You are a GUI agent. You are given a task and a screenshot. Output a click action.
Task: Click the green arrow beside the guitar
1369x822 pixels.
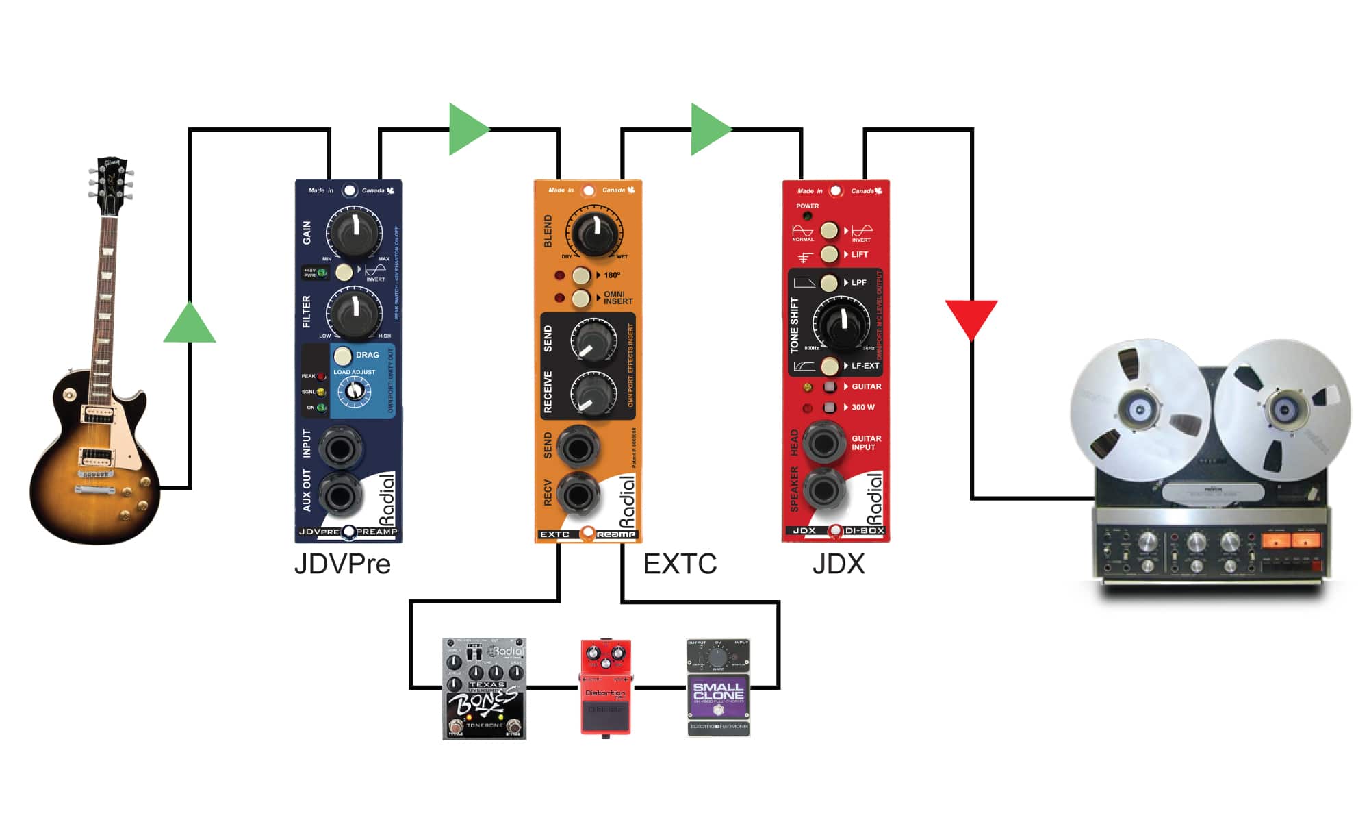pos(190,323)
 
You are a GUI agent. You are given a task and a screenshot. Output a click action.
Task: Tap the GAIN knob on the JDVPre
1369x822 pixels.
pos(355,232)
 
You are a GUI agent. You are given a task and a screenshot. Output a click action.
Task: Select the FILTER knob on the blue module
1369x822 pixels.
pos(354,311)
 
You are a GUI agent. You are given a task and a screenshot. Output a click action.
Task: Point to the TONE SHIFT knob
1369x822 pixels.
pos(841,323)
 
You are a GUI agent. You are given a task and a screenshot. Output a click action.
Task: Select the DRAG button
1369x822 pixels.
pos(343,356)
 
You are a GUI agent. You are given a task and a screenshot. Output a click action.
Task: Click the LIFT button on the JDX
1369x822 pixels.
pos(829,254)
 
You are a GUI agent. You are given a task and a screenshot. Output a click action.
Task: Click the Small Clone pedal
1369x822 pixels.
pos(718,688)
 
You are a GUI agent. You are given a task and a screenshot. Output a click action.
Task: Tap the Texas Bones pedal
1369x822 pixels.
pos(485,689)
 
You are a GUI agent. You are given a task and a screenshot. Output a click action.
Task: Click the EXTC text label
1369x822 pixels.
pos(680,564)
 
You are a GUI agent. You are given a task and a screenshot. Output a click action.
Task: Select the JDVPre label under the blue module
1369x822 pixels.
pos(342,564)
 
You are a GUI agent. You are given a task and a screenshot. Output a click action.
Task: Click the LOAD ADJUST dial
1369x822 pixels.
pos(354,391)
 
